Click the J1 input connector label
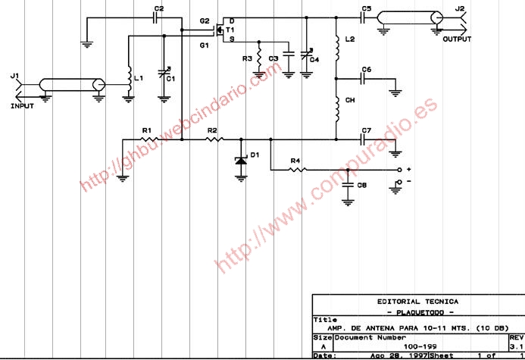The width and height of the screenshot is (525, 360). (13, 76)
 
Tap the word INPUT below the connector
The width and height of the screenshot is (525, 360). (23, 106)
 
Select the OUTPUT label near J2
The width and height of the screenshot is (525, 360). (457, 39)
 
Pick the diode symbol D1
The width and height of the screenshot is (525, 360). (241, 160)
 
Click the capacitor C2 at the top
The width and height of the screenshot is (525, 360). (158, 17)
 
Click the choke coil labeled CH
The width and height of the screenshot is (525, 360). (336, 111)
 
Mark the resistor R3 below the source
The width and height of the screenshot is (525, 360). (259, 58)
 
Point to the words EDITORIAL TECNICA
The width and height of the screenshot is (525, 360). (417, 302)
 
